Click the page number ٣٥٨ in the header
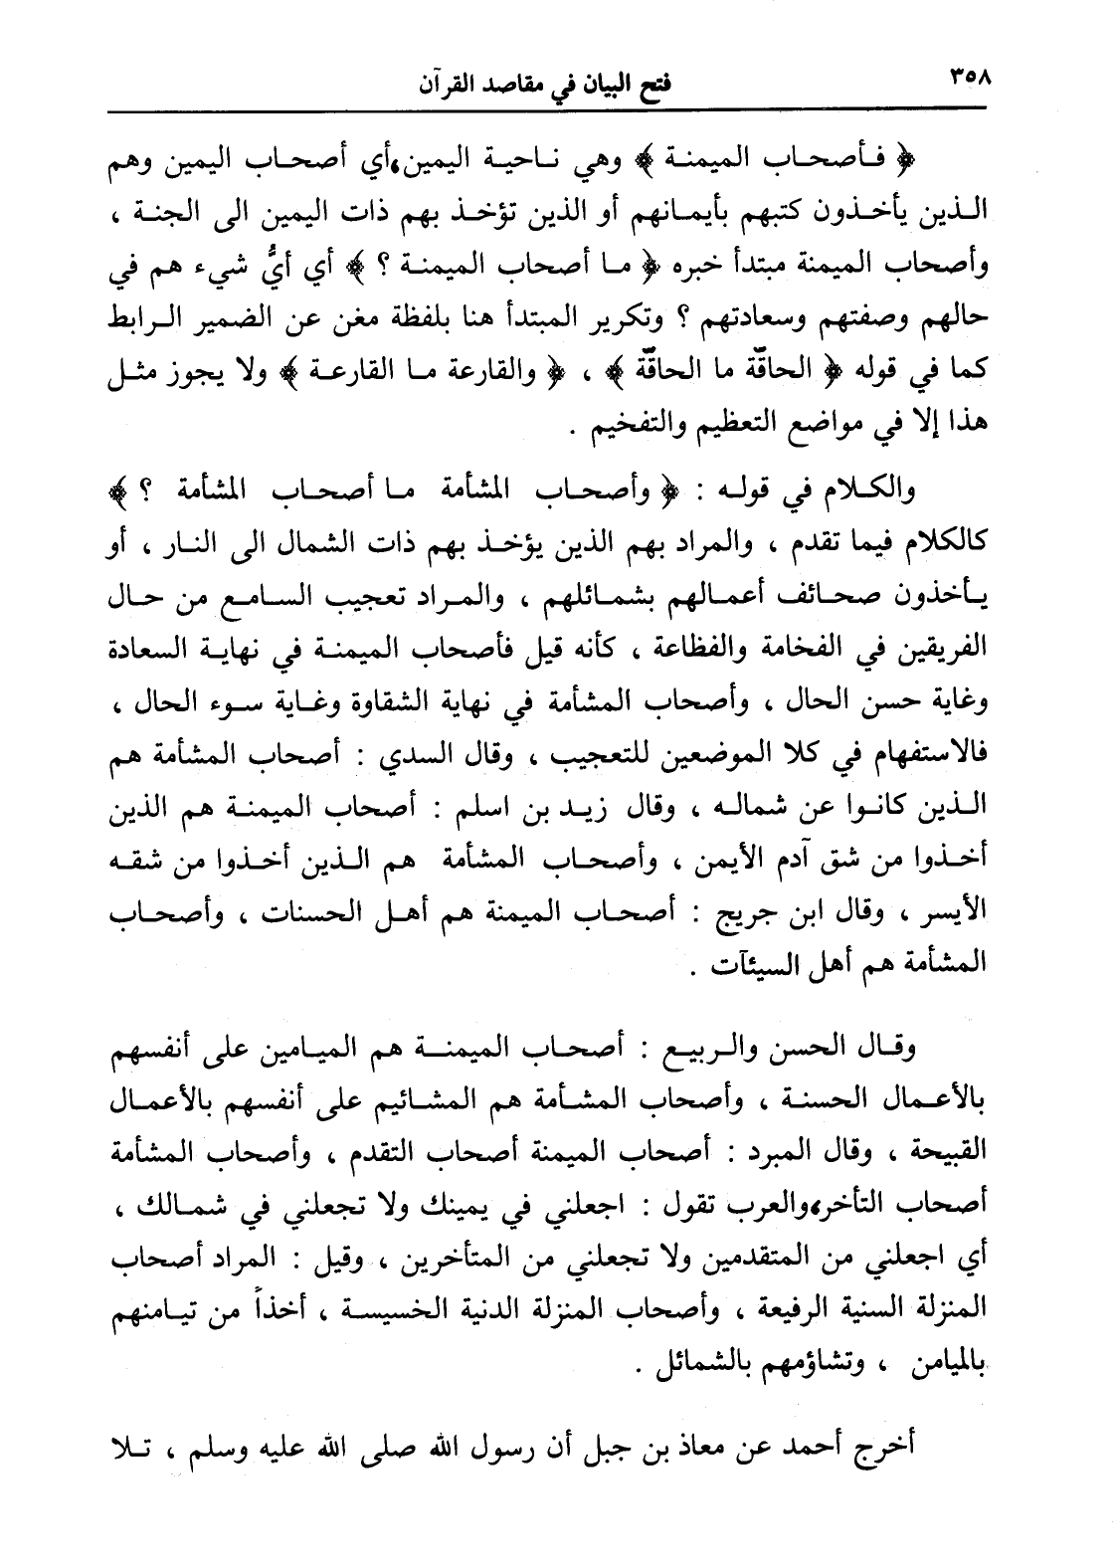971,79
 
